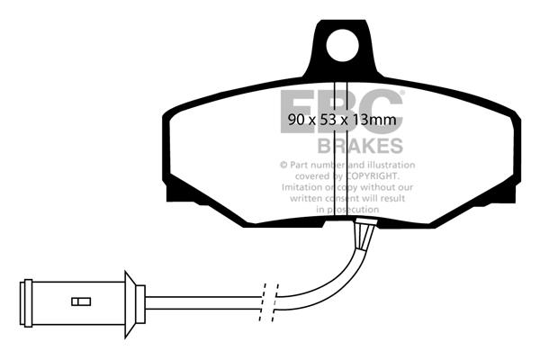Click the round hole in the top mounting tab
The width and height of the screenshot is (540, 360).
(x=342, y=46)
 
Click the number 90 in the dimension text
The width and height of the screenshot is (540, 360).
(x=296, y=120)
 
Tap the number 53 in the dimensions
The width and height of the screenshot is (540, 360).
(x=328, y=120)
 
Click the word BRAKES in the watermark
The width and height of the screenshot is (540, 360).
(x=360, y=146)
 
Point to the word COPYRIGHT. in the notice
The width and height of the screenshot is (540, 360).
(x=372, y=176)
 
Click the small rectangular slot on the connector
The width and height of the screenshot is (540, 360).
(x=81, y=301)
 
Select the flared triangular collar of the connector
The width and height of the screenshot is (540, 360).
(x=130, y=304)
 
